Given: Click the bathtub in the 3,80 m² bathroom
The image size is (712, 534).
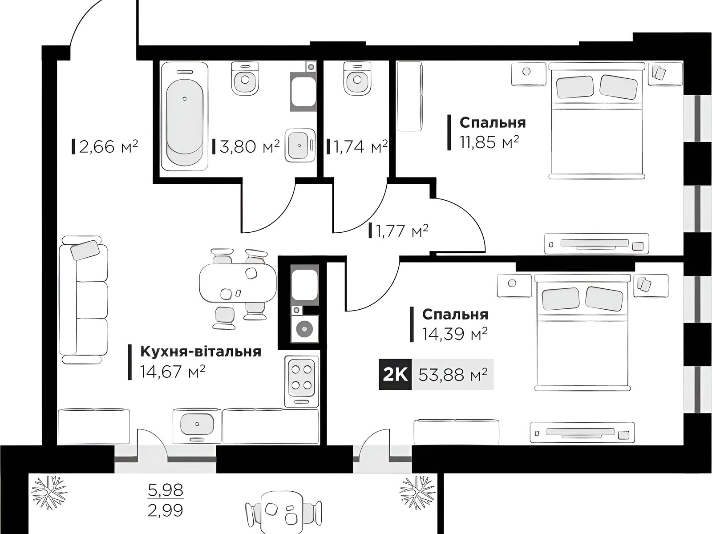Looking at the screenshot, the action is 185,116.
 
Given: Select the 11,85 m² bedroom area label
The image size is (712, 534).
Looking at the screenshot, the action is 489,142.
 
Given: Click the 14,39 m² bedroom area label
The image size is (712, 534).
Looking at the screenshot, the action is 455,334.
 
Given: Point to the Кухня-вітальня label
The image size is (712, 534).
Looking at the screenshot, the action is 200,352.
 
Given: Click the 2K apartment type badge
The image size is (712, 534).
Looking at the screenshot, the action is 395,375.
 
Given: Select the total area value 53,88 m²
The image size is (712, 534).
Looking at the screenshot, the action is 453,375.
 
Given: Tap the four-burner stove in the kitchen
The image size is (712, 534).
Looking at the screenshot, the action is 302,381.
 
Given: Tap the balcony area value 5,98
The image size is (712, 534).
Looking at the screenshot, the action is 166,490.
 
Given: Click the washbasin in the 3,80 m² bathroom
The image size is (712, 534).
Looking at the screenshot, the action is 300,146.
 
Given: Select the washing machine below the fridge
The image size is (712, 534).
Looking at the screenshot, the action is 304,328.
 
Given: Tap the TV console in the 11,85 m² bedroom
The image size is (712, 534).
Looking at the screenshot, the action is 597,244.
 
